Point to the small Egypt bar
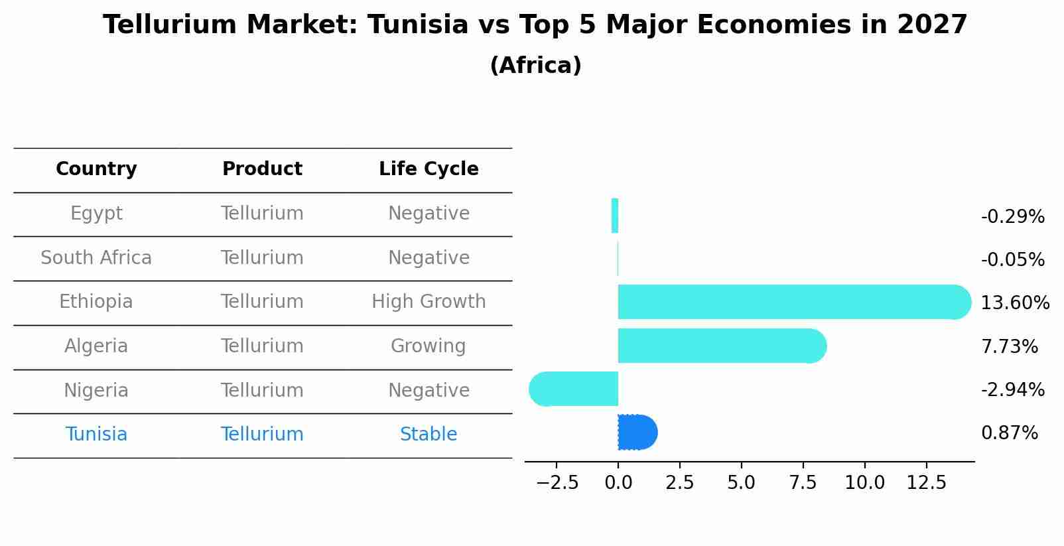point(615,216)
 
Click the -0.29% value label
point(1012,217)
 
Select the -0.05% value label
point(1012,260)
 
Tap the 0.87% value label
point(1009,433)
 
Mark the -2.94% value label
point(1012,389)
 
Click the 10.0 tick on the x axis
point(864,483)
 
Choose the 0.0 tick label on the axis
point(618,483)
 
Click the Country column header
point(96,169)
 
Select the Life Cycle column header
point(429,169)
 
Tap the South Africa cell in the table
point(96,258)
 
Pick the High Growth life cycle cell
point(429,302)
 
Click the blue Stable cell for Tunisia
point(429,435)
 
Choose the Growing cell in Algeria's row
point(429,346)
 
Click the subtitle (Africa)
point(535,66)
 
